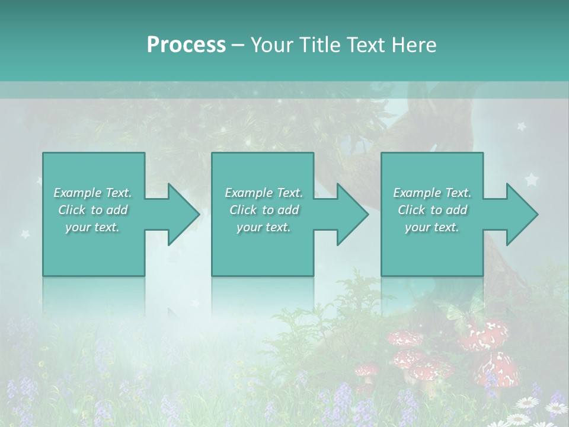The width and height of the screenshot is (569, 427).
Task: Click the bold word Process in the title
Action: tap(186, 45)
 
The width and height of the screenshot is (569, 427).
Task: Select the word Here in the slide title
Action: tap(413, 45)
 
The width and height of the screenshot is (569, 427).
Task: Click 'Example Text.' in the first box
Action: tap(92, 193)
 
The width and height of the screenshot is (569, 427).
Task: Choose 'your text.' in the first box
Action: tap(92, 227)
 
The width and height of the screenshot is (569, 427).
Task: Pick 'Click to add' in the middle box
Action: tap(264, 210)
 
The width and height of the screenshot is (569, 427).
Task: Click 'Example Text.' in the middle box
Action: tap(264, 193)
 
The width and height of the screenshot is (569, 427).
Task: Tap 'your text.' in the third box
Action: tap(432, 227)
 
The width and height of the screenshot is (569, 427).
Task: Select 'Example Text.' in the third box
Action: tap(432, 193)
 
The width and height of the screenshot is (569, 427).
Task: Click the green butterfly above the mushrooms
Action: tap(456, 315)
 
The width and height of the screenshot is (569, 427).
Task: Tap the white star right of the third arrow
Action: tap(532, 179)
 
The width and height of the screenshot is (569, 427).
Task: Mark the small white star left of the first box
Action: tap(25, 233)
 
